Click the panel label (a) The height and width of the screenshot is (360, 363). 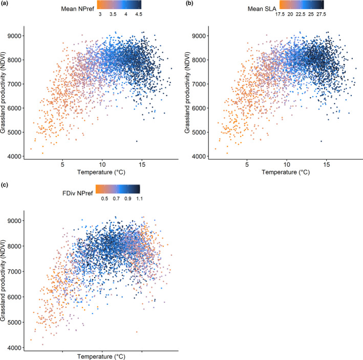click(x=6, y=5)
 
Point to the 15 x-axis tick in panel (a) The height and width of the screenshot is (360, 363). click(x=142, y=166)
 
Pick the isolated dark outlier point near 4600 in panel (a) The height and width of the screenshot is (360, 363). click(x=137, y=141)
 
